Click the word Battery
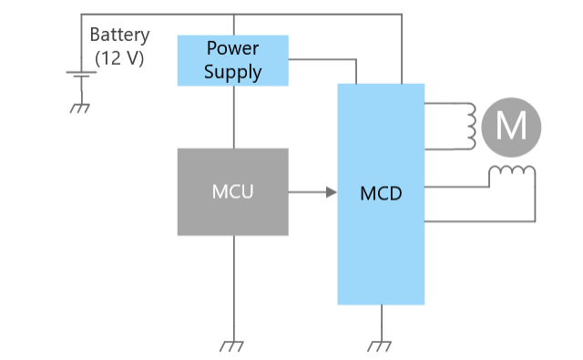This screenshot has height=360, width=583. (119, 36)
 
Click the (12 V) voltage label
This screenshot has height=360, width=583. (119, 58)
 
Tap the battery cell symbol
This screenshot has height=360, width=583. (81, 75)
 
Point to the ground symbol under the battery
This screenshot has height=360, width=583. (80, 108)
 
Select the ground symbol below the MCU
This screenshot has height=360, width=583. (231, 346)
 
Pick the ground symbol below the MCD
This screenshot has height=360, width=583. (380, 346)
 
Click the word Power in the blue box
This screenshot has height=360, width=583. (233, 48)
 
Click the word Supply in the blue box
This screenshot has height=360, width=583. (233, 72)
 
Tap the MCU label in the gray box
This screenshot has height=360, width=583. (233, 192)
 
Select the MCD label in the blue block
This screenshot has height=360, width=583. (381, 193)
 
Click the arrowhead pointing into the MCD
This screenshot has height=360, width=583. (332, 192)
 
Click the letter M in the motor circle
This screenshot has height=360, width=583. (511, 126)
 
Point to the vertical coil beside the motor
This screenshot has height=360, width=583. (472, 127)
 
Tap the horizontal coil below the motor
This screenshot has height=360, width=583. (512, 170)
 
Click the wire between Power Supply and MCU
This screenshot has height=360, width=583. (234, 118)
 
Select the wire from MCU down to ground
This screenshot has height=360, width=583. (234, 288)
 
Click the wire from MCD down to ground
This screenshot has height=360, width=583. (382, 323)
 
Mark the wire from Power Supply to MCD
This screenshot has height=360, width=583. (356, 59)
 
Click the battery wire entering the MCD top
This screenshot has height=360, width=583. (402, 48)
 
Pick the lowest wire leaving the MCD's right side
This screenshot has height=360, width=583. (480, 221)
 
